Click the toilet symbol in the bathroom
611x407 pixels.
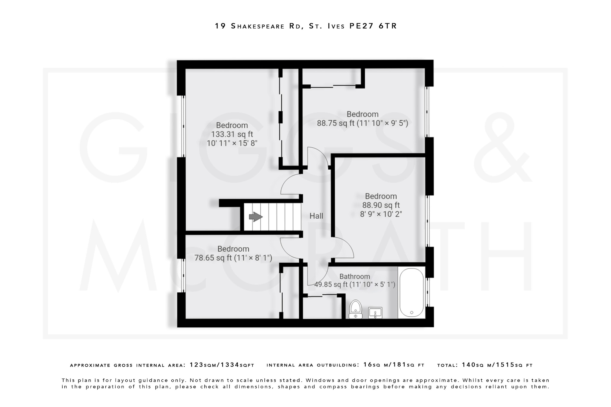355,309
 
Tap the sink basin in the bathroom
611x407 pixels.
375,312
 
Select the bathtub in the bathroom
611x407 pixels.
411,292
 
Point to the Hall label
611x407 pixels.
316,216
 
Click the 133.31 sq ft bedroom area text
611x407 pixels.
232,134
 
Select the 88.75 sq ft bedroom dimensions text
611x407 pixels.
362,123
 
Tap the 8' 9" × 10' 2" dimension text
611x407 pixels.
381,214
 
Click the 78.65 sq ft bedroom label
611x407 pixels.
233,258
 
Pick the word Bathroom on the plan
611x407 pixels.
354,276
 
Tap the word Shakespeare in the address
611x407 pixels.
258,26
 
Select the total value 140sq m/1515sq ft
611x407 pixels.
497,365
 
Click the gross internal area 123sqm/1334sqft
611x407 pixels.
222,365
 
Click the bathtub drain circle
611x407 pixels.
412,312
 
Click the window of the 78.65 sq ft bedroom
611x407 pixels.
183,275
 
